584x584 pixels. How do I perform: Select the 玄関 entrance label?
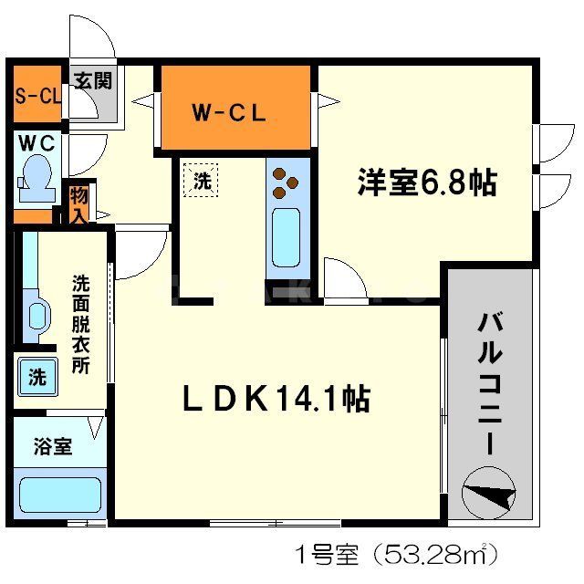point(93,80)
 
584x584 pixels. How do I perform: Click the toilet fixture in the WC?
point(36,178)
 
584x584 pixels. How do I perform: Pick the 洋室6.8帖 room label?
point(426,182)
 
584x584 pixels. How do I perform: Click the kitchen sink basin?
point(286,236)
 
